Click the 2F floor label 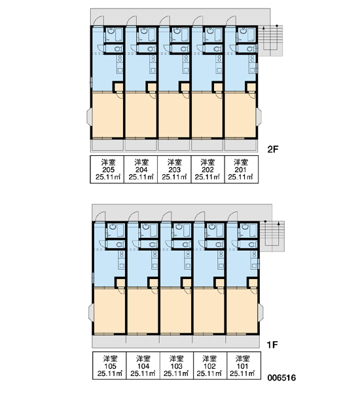coord(273,149)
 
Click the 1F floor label coord(272,345)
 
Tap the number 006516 coord(281,377)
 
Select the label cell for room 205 coord(107,170)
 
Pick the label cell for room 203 coord(174,170)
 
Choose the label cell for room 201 coord(242,170)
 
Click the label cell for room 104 coord(143,365)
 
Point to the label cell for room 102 coord(210,365)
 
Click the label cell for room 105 coord(109,365)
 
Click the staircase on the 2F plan coord(270,41)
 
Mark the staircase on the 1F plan coord(272,236)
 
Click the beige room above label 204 coord(141,115)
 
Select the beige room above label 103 coord(177,311)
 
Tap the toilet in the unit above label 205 coord(118,48)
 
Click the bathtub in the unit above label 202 coord(219,34)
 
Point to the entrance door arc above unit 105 coord(100,216)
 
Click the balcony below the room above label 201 coord(241,145)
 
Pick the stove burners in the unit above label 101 coord(254,254)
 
